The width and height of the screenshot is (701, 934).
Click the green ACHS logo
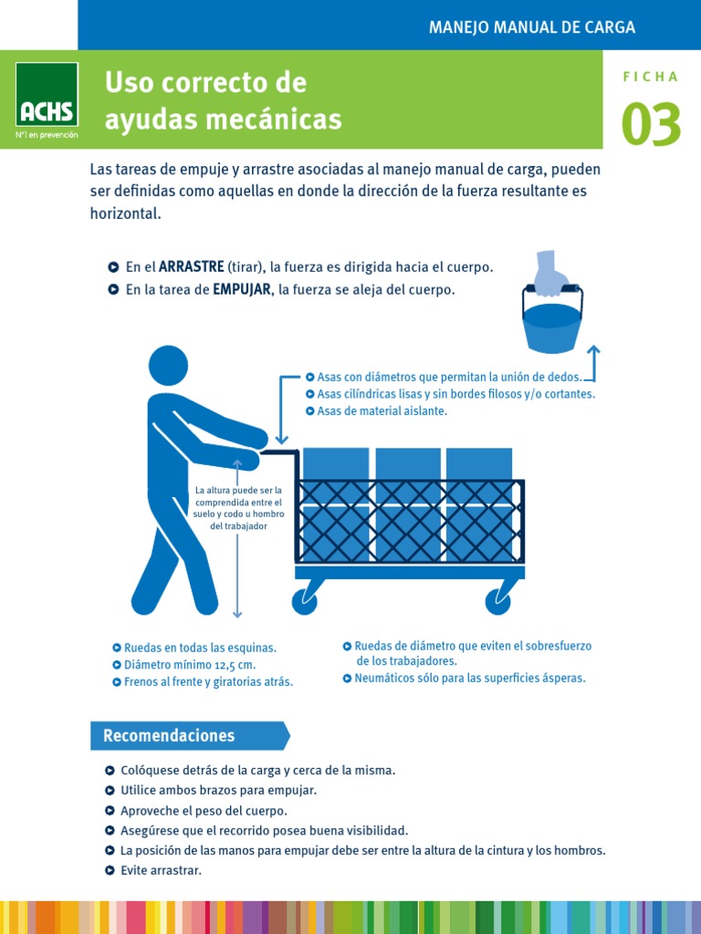[x=47, y=95]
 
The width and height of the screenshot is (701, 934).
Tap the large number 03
[x=651, y=124]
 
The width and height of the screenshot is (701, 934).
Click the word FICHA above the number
[x=651, y=77]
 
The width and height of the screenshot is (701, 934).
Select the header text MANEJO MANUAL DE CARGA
[x=532, y=26]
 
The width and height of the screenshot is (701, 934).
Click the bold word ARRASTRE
[x=192, y=267]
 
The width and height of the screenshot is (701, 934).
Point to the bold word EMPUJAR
[x=241, y=290]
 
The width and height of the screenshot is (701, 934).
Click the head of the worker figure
[x=168, y=366]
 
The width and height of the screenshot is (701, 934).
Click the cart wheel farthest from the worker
[x=497, y=602]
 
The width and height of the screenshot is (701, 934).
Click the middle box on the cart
[x=408, y=503]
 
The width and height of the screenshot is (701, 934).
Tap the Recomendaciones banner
[x=190, y=736]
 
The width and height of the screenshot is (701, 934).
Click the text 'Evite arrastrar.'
[x=161, y=870]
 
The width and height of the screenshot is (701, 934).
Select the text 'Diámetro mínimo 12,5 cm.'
[x=190, y=665]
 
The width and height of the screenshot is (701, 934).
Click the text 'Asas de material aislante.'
[x=382, y=411]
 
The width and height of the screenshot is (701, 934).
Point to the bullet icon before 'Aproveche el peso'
[x=110, y=811]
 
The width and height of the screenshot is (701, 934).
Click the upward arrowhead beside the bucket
[x=593, y=349]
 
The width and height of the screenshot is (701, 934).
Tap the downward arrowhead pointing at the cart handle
[x=281, y=440]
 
